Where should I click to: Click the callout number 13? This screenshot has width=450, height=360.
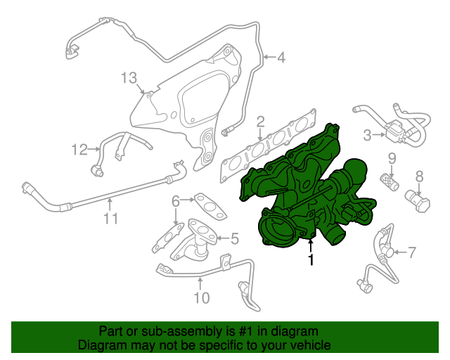point(129,77)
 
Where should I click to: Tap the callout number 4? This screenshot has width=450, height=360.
point(281,58)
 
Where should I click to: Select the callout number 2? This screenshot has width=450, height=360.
point(260,122)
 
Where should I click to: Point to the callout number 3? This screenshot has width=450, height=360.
point(367,135)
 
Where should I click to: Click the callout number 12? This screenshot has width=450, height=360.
point(79,150)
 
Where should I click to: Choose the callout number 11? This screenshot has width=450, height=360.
point(111,219)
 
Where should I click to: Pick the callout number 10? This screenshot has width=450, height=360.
point(202,297)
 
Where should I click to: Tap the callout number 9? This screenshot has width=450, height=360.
point(392,159)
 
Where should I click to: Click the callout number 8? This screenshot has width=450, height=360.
point(420,176)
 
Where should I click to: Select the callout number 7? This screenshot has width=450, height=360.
point(412,252)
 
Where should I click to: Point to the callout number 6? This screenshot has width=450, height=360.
point(176,201)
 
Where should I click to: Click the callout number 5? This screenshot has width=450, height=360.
point(235,238)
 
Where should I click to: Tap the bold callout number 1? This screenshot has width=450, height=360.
point(311,259)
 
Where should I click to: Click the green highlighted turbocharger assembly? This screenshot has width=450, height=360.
point(307,195)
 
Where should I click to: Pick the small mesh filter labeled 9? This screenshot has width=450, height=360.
point(390,181)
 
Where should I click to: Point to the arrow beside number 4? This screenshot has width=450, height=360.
point(269,57)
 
